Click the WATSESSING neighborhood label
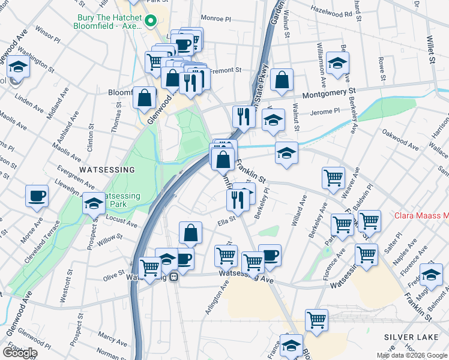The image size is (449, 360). [106, 169]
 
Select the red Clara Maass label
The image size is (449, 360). [421, 215]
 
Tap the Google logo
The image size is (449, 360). [19, 353]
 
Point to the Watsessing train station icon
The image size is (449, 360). [173, 277]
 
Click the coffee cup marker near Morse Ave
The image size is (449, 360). [37, 196]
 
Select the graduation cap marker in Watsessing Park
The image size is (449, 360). [94, 205]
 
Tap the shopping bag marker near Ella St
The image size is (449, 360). [190, 233]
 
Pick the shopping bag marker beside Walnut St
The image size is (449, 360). [282, 80]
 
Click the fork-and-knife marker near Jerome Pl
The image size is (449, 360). [243, 116]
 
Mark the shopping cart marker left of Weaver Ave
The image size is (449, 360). [333, 178]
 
